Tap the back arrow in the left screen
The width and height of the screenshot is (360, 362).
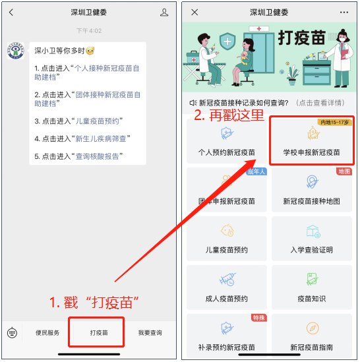[11, 13]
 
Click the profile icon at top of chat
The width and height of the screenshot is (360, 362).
[164, 13]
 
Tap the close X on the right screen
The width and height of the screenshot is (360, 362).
[195, 13]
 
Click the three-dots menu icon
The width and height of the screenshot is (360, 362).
[344, 13]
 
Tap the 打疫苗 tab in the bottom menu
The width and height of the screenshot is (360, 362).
[99, 333]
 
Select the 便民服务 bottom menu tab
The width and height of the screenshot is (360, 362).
[47, 333]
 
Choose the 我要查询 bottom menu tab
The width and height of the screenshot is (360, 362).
[150, 333]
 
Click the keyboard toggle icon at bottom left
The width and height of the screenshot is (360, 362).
[12, 333]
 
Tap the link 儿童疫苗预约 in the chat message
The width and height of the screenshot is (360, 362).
[97, 121]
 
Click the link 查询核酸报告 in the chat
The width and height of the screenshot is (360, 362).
[97, 156]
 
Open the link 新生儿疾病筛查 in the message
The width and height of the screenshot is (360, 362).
[101, 138]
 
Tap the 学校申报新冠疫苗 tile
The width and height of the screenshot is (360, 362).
[312, 140]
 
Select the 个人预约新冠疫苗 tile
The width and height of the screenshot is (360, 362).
[227, 140]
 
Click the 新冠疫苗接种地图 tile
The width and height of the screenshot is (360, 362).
[312, 189]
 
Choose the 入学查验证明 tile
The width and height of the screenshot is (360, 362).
[312, 239]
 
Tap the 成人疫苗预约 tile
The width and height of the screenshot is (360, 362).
[227, 287]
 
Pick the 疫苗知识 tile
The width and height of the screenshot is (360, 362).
[312, 287]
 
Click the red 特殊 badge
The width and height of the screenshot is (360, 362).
[259, 318]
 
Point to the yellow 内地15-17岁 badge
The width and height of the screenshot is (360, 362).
[334, 122]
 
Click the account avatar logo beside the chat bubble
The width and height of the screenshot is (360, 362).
[16, 51]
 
